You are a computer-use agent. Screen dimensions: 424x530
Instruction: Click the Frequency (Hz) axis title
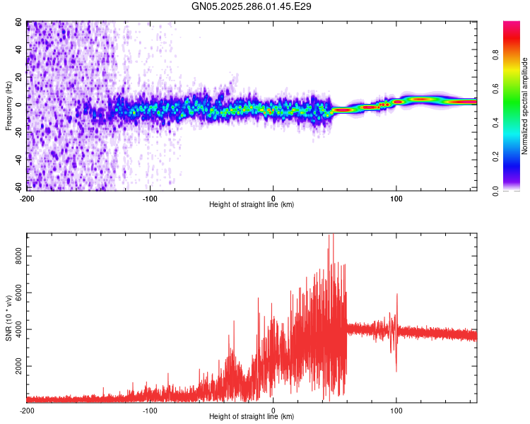coord(8,106)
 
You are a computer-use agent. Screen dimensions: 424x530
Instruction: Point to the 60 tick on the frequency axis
coord(20,23)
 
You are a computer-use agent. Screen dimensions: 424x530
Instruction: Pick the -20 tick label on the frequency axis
coord(19,132)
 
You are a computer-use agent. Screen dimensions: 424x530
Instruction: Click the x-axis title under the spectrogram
coord(252,204)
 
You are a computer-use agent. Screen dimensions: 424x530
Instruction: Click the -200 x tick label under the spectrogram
coord(27,197)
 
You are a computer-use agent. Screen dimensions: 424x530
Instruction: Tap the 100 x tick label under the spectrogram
coord(396,197)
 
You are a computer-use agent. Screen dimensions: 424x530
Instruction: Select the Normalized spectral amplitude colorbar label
coord(525,106)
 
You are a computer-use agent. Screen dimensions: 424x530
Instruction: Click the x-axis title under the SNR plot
coord(252,416)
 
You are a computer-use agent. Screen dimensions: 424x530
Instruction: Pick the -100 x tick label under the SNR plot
coord(150,410)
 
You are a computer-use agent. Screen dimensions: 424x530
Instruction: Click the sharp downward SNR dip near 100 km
coord(396,369)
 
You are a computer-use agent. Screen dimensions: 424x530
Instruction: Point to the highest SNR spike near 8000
coord(329,237)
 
